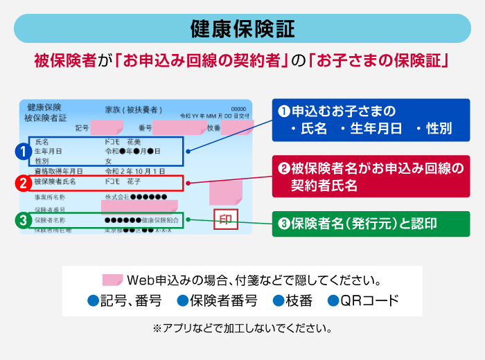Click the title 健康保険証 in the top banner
(242, 28)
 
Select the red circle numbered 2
(23, 183)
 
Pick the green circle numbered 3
(23, 221)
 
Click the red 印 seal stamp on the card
(226, 220)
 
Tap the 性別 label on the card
(42, 160)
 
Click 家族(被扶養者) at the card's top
(134, 109)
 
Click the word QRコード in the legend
(372, 301)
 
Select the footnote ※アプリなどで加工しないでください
(242, 327)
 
